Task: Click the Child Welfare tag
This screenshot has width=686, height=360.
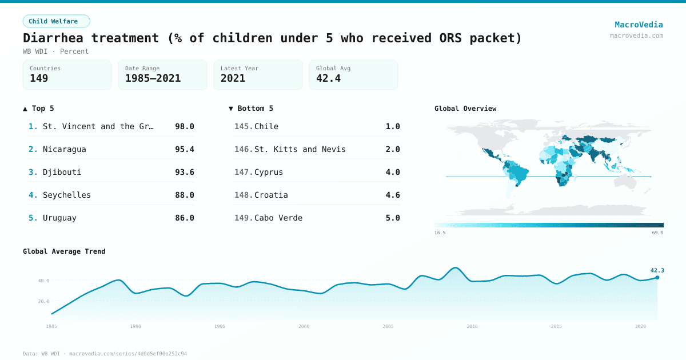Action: point(56,21)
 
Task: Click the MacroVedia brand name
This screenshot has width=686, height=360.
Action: point(639,25)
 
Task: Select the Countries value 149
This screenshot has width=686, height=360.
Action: point(39,78)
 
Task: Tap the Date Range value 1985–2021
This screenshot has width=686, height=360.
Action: point(153,78)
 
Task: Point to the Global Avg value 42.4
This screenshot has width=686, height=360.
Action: point(328,78)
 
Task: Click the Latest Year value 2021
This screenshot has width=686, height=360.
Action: point(233,78)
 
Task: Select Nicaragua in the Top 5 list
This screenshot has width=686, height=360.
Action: point(64,149)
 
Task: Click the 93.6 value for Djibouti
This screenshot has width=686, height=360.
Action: point(184,172)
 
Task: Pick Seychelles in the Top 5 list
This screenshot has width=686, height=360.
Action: point(66,195)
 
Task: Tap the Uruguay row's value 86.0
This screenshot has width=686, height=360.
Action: point(184,218)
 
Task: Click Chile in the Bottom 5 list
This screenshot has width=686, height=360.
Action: point(266,126)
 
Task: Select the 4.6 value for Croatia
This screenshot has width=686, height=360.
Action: point(392,195)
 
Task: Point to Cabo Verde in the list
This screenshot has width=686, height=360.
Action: point(278,218)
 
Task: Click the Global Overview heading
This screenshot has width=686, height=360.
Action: point(465,109)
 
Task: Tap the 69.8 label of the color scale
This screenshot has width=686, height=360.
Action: point(657,233)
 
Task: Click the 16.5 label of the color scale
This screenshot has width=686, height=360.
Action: point(440,233)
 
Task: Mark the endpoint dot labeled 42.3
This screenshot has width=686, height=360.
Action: point(657,278)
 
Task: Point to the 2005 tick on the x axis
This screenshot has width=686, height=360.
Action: point(388,326)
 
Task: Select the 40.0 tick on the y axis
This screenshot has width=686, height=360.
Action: point(44,281)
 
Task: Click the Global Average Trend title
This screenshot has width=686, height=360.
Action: point(64,251)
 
